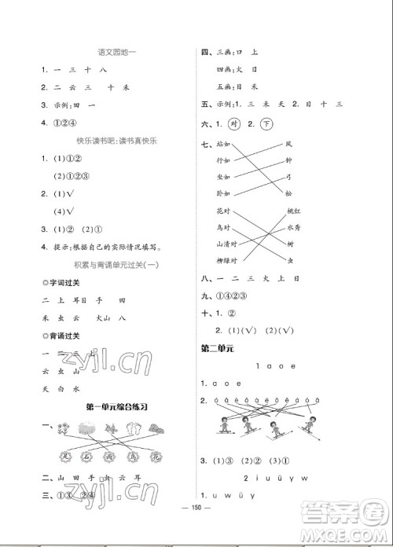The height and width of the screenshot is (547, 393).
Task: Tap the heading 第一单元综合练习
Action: pyautogui.click(x=117, y=406)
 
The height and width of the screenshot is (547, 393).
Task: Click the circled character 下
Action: pyautogui.click(x=266, y=125)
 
